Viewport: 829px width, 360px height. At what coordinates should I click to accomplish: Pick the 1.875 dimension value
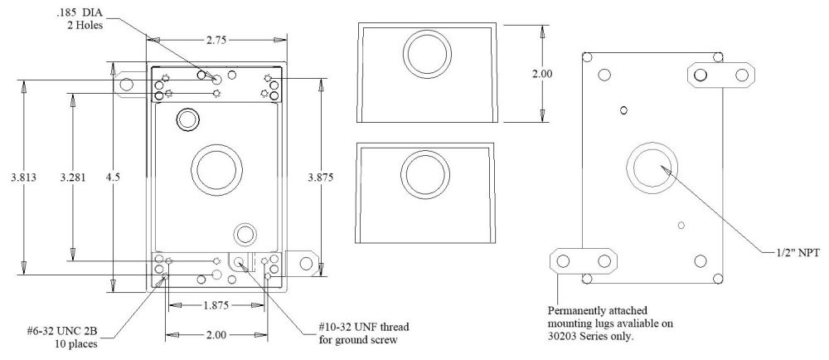(216, 305)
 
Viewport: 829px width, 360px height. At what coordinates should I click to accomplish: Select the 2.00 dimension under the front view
(216, 335)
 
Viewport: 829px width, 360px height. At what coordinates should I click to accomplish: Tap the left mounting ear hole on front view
(129, 83)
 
